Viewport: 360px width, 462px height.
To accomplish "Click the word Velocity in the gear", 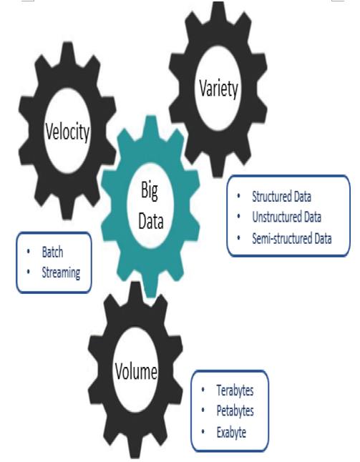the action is pos(67,132).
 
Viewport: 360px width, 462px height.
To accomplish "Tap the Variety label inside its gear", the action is pos(218,89).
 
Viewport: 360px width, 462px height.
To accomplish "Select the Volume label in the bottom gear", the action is pos(136,371).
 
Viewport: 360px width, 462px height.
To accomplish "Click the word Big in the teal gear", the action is pos(150,191).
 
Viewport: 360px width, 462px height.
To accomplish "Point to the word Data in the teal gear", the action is pos(151,221).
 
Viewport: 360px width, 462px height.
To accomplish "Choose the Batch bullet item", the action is pos(52,252).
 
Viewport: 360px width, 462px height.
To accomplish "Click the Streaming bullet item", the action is pos(61,273).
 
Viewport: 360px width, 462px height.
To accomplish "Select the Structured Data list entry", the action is pos(281,197).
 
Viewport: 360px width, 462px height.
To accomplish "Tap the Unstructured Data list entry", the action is pos(286,217).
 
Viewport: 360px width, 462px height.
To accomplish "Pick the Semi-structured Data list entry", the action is pos(292,238).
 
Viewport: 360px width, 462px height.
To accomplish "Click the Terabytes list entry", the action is pos(235,390).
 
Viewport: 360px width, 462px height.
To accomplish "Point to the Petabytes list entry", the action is pos(235,411).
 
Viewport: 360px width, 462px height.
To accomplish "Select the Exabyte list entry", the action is pos(231,432).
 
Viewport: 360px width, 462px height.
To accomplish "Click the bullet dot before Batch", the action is pos(29,251).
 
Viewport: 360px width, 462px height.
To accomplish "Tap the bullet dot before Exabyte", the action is pos(203,432).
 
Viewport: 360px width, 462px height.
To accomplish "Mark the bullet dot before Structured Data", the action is pos(238,196).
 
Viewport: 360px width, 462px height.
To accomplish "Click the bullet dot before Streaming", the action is pos(29,271).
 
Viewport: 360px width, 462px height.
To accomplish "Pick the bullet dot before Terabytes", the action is pos(203,390).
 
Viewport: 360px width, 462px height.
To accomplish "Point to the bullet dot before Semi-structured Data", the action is pos(238,237).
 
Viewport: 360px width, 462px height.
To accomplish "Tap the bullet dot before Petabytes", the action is pos(203,410).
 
